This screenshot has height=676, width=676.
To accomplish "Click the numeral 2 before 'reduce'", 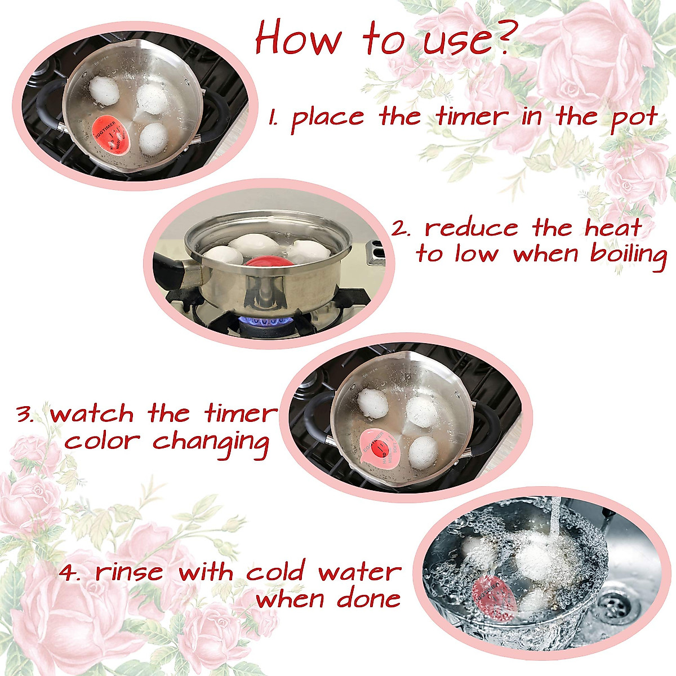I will click(400, 229).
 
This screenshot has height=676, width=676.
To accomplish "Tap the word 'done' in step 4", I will click(368, 598).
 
